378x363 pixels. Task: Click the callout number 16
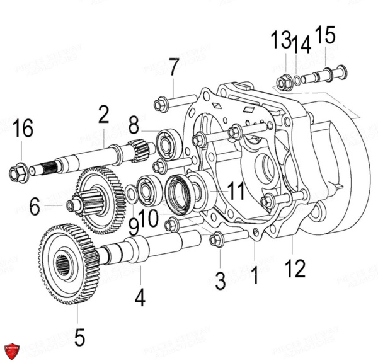(22, 129)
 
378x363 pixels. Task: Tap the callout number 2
(103, 115)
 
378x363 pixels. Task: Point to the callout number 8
(134, 126)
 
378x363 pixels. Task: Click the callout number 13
(279, 41)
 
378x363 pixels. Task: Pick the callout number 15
(326, 35)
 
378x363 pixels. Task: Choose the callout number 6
(35, 205)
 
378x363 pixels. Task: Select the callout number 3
(219, 280)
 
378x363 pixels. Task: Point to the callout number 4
(140, 297)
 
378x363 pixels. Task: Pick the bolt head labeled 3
(215, 239)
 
